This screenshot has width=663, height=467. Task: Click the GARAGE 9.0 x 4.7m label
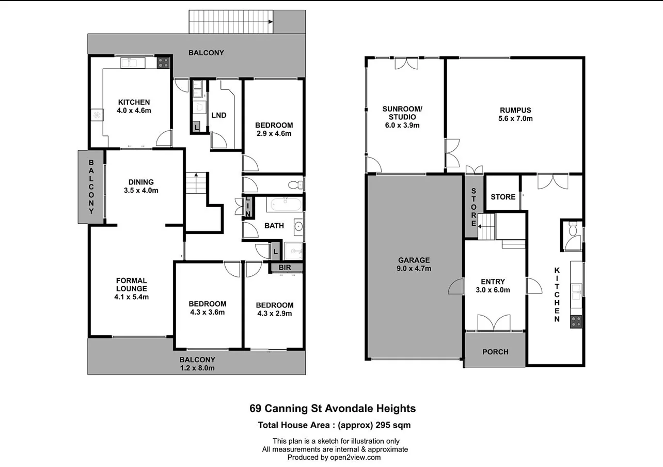tap(414, 264)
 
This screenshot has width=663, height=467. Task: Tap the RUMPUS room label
tap(515, 114)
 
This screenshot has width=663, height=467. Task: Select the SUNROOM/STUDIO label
tap(402, 117)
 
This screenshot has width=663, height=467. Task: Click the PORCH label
tap(495, 352)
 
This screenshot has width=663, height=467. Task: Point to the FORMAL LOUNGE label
tap(131, 289)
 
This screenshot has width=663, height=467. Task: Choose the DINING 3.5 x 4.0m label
tap(141, 186)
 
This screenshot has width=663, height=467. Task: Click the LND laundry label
tap(219, 115)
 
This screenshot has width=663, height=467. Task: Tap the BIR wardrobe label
tap(285, 268)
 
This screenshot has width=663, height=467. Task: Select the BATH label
tap(274, 226)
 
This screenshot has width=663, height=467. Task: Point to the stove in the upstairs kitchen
tap(164, 63)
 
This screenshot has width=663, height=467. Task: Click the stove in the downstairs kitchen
tap(576, 321)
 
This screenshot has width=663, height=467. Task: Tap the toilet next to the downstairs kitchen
tap(573, 229)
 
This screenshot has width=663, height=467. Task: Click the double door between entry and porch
tap(494, 323)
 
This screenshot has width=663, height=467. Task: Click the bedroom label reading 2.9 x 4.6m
tap(274, 129)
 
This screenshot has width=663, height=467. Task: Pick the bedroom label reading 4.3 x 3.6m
tap(207, 308)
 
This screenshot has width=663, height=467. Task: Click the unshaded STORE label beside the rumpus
tap(503, 197)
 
